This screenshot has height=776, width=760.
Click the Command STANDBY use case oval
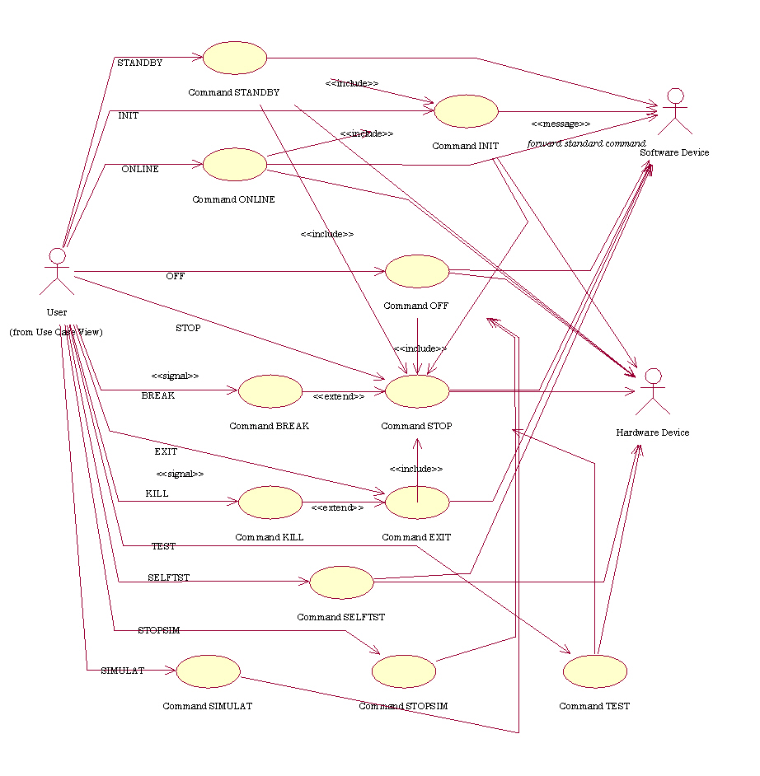(235, 58)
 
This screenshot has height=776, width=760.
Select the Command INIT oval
(466, 111)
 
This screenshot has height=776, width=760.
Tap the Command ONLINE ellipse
(235, 164)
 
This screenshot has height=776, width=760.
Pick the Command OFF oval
(417, 271)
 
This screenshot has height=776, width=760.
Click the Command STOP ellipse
(417, 391)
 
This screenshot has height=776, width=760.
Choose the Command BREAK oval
(270, 391)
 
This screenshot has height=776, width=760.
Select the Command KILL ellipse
(270, 502)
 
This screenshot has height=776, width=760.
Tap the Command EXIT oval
(417, 502)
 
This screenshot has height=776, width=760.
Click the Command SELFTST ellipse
(341, 582)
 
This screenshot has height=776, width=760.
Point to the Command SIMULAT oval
(208, 671)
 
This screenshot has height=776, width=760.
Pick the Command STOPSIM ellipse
(403, 671)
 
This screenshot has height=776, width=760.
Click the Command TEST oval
(595, 671)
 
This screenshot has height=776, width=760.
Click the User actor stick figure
(57, 271)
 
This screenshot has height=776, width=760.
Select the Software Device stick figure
(675, 110)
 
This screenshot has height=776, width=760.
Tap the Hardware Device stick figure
(653, 392)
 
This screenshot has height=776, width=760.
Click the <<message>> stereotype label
(561, 124)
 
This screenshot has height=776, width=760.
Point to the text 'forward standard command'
(587, 143)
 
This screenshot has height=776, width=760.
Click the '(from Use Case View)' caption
(56, 332)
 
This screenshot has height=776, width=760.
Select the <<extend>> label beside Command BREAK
(338, 396)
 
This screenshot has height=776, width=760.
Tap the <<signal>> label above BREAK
(175, 376)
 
